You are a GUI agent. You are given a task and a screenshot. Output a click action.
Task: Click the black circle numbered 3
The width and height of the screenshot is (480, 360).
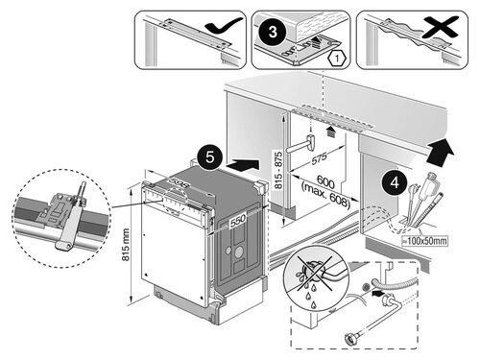(x=272, y=32)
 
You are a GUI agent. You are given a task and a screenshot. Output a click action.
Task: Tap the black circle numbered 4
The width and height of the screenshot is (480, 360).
(x=395, y=182)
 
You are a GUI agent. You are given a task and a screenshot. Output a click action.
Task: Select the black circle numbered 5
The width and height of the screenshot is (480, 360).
(x=210, y=157)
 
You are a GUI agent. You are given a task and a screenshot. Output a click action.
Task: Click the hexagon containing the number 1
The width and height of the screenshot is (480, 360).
(x=337, y=59)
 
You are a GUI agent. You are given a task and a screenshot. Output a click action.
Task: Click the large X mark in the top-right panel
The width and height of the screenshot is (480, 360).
(x=440, y=28)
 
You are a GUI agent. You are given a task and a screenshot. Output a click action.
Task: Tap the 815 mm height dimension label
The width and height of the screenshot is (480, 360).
(x=126, y=245)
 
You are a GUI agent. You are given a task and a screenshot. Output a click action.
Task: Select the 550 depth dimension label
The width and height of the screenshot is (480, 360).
(x=238, y=220)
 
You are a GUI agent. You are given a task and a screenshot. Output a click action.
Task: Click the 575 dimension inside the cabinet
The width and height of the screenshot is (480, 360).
(x=320, y=158)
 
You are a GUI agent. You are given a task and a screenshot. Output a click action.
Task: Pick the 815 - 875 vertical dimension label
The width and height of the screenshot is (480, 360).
(x=278, y=170)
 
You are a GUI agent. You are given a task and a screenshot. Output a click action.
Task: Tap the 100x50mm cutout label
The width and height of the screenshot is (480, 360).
(x=425, y=241)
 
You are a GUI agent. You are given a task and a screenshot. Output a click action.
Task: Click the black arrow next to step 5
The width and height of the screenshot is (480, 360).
(x=242, y=166)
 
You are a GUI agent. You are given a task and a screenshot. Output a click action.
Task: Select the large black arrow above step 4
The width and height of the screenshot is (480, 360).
(x=440, y=152)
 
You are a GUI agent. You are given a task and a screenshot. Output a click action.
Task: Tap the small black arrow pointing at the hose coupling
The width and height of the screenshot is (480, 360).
(x=378, y=292)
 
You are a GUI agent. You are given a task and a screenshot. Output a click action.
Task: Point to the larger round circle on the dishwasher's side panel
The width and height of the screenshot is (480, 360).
(x=238, y=252)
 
